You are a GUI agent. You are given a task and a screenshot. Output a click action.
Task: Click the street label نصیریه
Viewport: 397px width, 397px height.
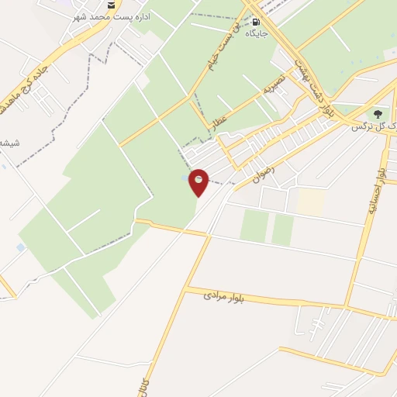(x=274, y=85)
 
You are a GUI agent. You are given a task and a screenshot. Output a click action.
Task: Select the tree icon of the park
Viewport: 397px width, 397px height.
(x=379, y=113)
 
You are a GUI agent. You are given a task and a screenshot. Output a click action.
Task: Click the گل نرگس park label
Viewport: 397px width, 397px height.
(x=371, y=126)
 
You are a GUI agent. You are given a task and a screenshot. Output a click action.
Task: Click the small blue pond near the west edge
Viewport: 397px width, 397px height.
(x=20, y=247)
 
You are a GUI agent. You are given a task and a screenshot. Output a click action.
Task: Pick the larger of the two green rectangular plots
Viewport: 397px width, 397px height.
(x=254, y=226)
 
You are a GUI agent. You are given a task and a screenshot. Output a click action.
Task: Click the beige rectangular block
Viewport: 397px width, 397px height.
(x=310, y=202)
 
